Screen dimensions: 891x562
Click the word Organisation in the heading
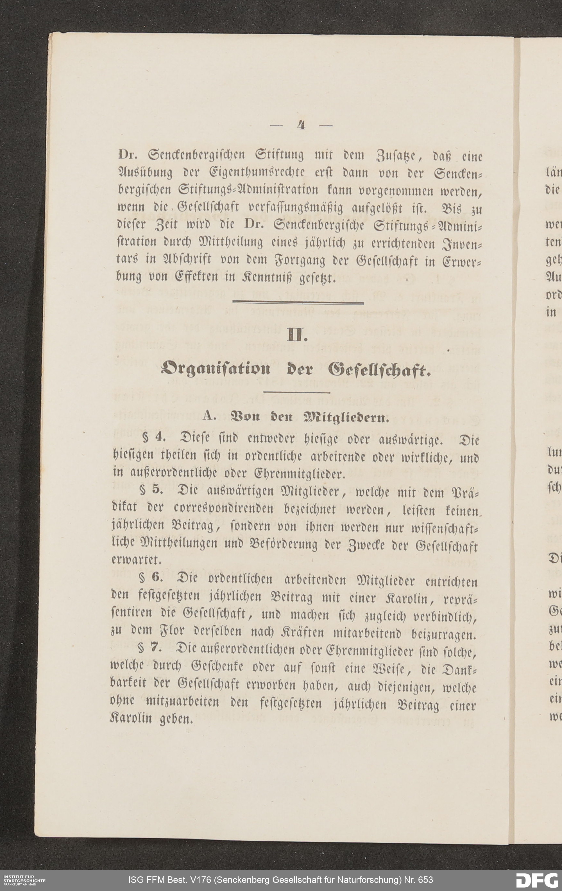(x=216, y=369)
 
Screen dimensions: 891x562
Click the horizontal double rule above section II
(x=298, y=303)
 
